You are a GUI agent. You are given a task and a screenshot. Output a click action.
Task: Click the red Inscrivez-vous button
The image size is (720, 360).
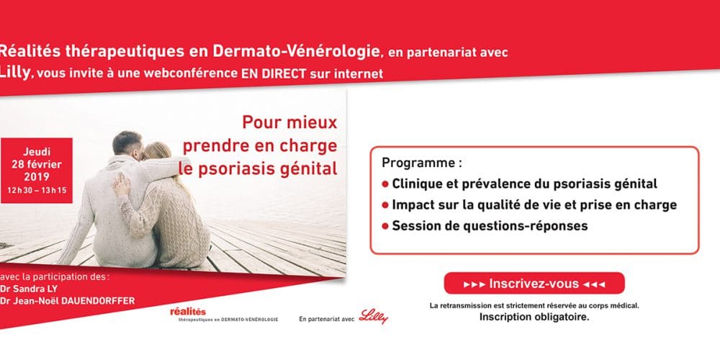point(534,283)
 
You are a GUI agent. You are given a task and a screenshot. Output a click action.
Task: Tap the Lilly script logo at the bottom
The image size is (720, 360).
point(373,316)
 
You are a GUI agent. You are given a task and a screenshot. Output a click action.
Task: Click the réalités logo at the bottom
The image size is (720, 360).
point(224,315)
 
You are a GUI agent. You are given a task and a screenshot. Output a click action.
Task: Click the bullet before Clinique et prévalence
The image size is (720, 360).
point(385,184)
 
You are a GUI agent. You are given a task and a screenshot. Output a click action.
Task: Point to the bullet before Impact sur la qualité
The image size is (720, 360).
point(385,205)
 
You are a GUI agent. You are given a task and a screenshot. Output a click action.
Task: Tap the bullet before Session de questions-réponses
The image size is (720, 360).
point(385,226)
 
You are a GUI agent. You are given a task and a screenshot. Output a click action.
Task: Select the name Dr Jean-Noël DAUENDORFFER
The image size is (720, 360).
point(68,301)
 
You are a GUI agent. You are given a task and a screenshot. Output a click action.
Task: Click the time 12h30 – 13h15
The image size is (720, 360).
point(37,190)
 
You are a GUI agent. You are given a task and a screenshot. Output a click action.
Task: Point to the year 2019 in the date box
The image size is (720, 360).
point(37,177)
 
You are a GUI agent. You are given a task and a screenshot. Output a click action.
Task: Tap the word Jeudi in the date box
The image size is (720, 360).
point(37,152)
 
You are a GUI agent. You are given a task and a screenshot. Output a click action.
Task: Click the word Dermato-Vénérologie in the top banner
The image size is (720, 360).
point(296,52)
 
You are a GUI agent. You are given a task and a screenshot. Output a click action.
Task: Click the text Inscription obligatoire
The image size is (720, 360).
point(534,318)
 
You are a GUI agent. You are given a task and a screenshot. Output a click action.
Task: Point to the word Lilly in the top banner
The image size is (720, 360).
point(15,73)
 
